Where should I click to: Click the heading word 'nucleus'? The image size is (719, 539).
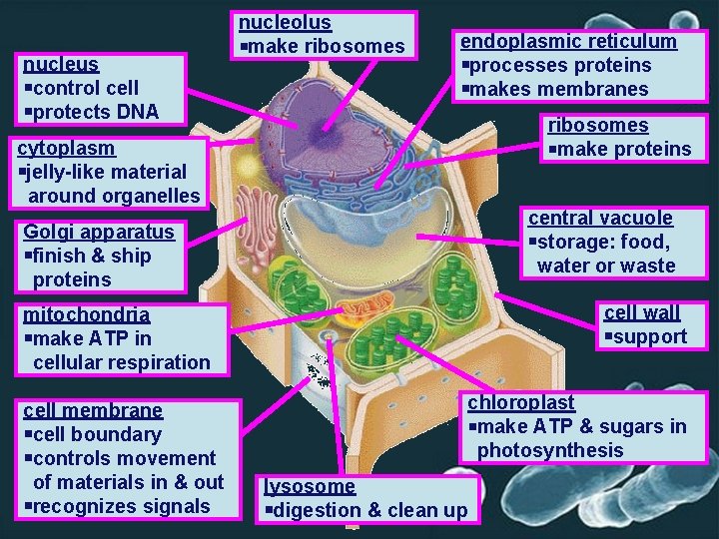coord(60,64)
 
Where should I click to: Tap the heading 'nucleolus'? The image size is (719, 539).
coord(285,22)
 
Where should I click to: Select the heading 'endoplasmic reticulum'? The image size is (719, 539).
coord(567,41)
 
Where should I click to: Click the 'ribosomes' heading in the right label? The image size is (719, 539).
coord(597,125)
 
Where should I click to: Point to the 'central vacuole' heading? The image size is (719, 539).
coord(600,218)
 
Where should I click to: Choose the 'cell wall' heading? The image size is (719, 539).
coord(642,312)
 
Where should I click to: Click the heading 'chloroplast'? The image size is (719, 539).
coord(520,402)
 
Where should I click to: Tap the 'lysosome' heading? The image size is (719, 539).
coord(309,486)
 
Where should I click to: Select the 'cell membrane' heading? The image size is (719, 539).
coord(92,410)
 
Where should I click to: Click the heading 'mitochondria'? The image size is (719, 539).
coord(86,314)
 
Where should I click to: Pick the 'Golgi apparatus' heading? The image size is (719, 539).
coord(98,232)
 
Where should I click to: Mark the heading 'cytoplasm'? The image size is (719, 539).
coord(67,148)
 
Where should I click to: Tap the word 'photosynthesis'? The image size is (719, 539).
coord(549,450)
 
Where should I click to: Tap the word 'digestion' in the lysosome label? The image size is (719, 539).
coord(316,510)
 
